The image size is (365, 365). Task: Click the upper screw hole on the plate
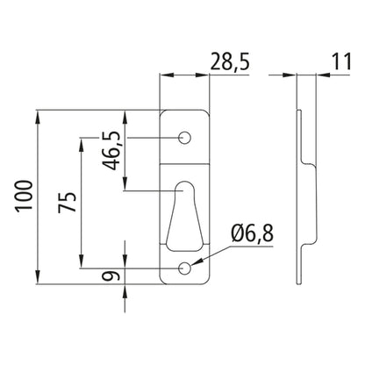pyautogui.click(x=185, y=138)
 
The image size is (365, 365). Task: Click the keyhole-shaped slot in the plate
pyautogui.click(x=185, y=219)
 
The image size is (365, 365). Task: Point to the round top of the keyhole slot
pyautogui.click(x=185, y=190)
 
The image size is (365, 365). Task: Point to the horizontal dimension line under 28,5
pyautogui.click(x=184, y=76)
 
